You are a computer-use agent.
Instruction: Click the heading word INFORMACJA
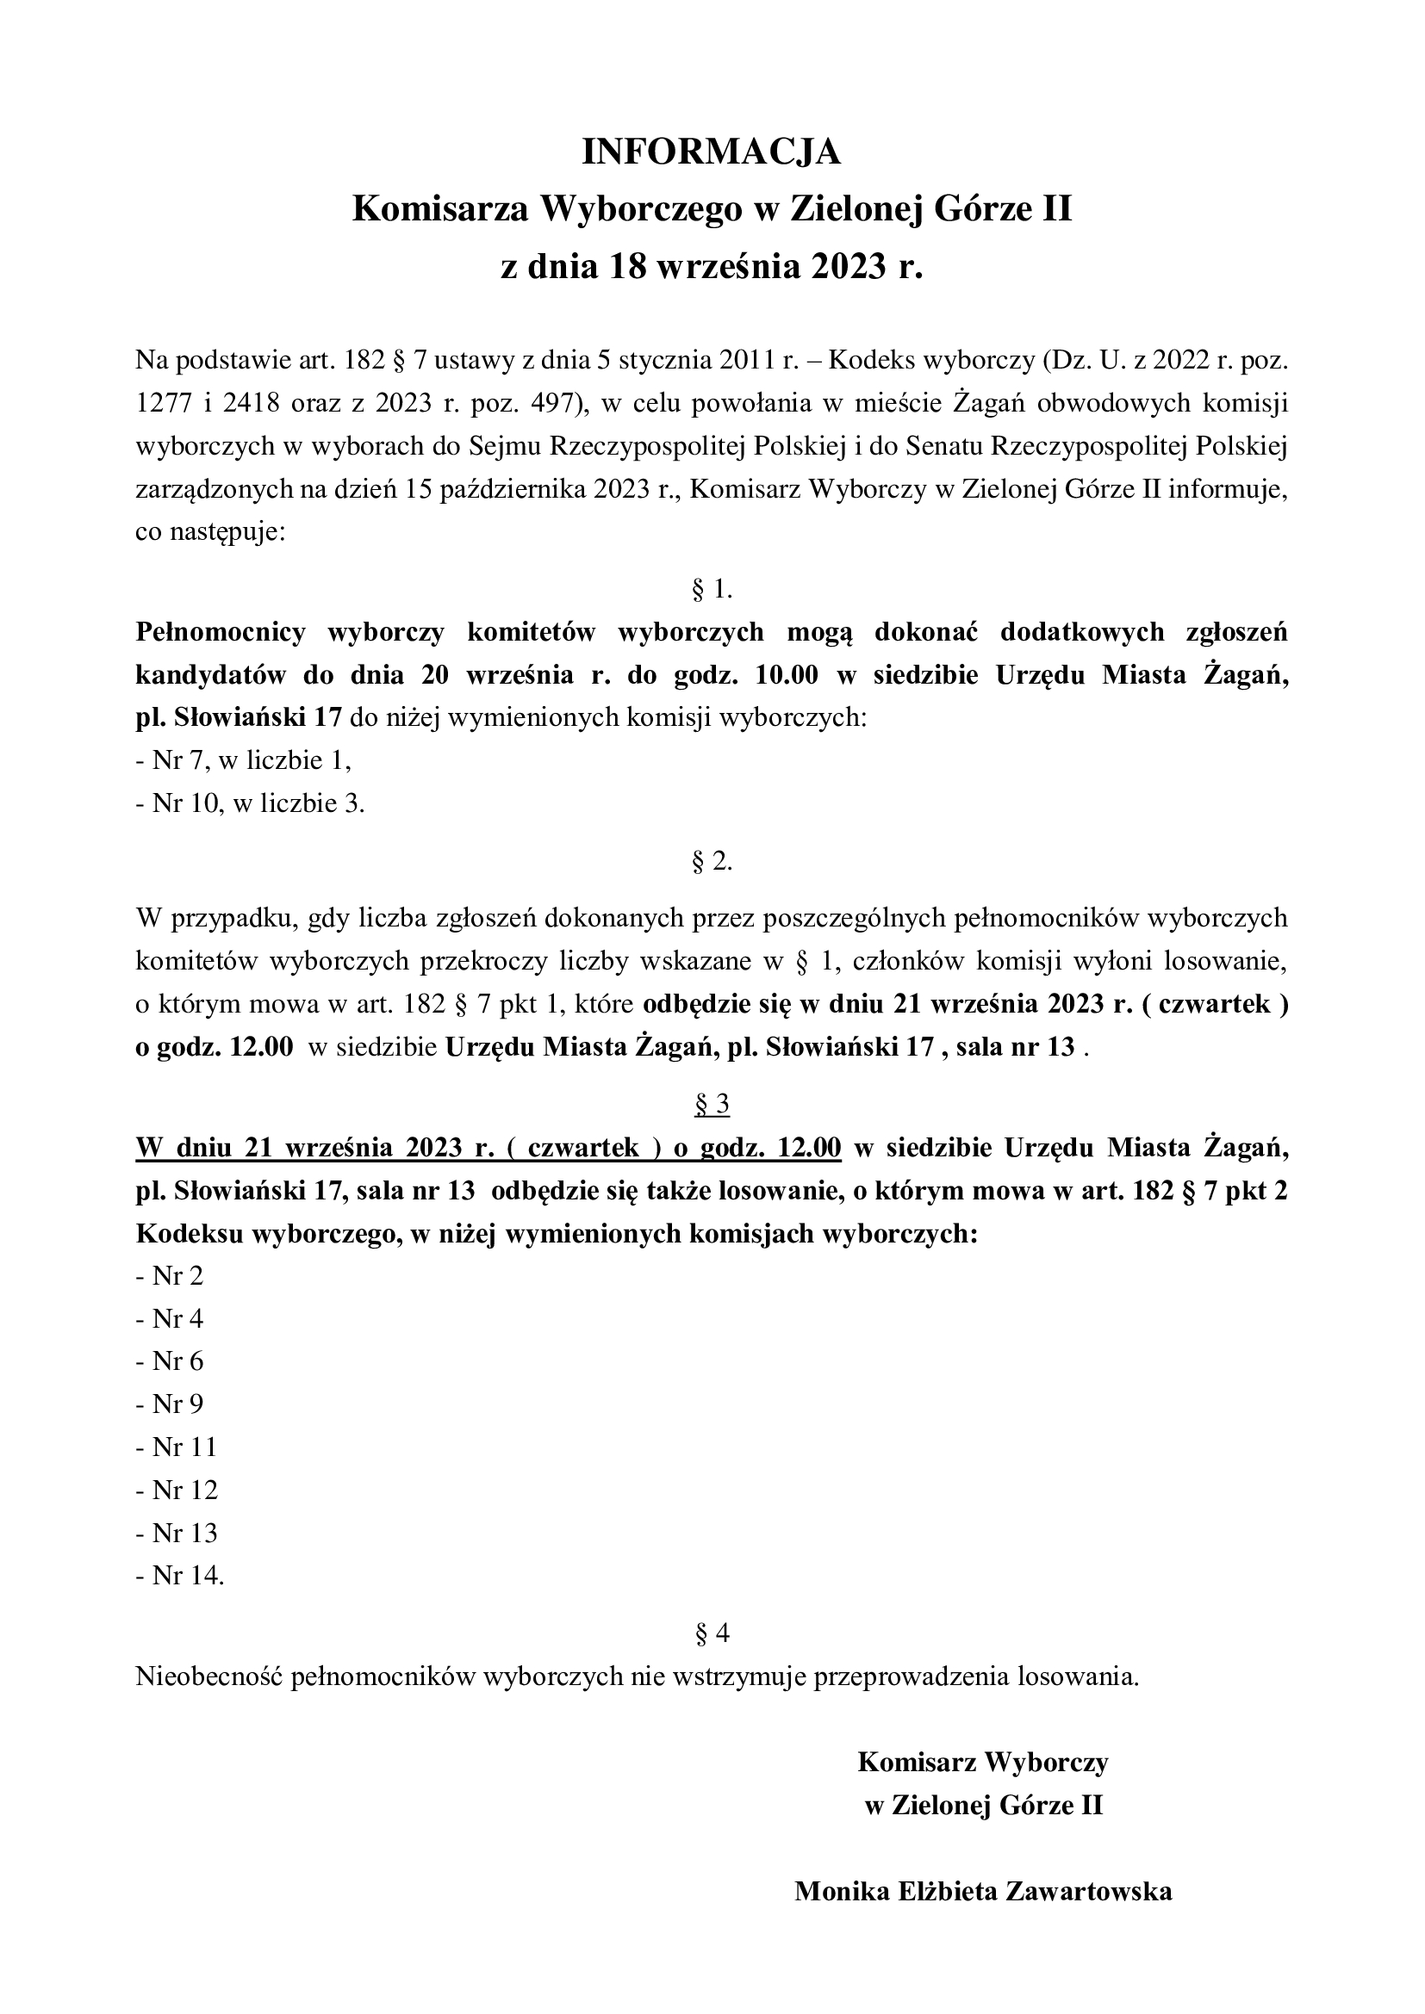(712, 152)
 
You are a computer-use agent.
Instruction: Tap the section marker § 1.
(712, 590)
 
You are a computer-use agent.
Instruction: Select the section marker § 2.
(712, 862)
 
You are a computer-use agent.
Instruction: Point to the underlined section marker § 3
(712, 1106)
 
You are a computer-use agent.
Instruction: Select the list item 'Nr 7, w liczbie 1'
(243, 760)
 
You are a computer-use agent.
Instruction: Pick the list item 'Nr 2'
(170, 1276)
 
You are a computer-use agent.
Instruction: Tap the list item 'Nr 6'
(170, 1362)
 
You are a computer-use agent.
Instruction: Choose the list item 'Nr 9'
(170, 1405)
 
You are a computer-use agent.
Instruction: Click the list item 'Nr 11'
(177, 1448)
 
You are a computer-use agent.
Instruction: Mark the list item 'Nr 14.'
(180, 1577)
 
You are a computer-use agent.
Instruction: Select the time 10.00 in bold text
(780, 675)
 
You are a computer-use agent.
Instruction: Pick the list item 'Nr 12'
(177, 1490)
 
